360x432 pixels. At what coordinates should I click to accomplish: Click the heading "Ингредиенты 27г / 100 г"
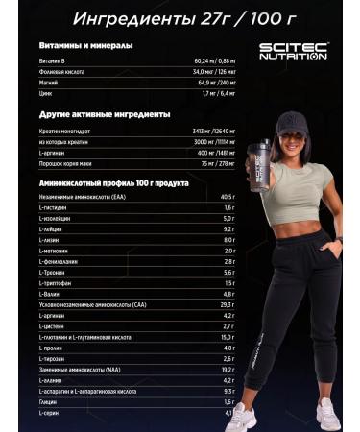click(180, 16)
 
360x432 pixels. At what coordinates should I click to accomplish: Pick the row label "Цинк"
click(46, 95)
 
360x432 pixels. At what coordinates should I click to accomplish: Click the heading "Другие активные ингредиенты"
click(91, 115)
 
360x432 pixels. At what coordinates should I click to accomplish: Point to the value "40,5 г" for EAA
click(226, 198)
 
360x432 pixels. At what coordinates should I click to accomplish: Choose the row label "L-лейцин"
click(51, 229)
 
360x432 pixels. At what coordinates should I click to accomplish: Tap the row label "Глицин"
click(47, 401)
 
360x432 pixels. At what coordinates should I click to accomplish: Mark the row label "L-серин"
click(50, 413)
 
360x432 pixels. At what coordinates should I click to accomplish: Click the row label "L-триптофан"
click(56, 282)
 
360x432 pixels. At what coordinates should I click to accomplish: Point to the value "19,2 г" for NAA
click(227, 369)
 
